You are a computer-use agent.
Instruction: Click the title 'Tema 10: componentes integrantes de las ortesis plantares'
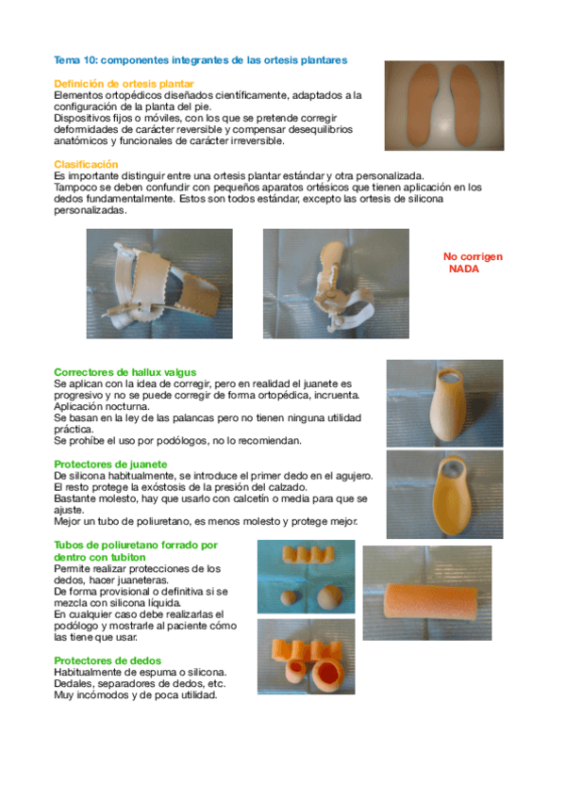tap(201, 59)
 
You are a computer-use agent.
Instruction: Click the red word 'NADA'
tap(463, 269)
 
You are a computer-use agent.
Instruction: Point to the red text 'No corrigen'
tap(473, 256)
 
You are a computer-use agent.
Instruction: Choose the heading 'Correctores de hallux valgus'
tap(125, 372)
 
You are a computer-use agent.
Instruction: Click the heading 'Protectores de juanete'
tap(111, 465)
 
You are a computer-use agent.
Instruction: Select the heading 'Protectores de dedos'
tap(108, 660)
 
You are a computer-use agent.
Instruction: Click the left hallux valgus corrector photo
tap(158, 284)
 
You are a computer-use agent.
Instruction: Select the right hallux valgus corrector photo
tap(332, 284)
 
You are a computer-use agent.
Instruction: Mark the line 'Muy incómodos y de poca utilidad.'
tap(135, 695)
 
